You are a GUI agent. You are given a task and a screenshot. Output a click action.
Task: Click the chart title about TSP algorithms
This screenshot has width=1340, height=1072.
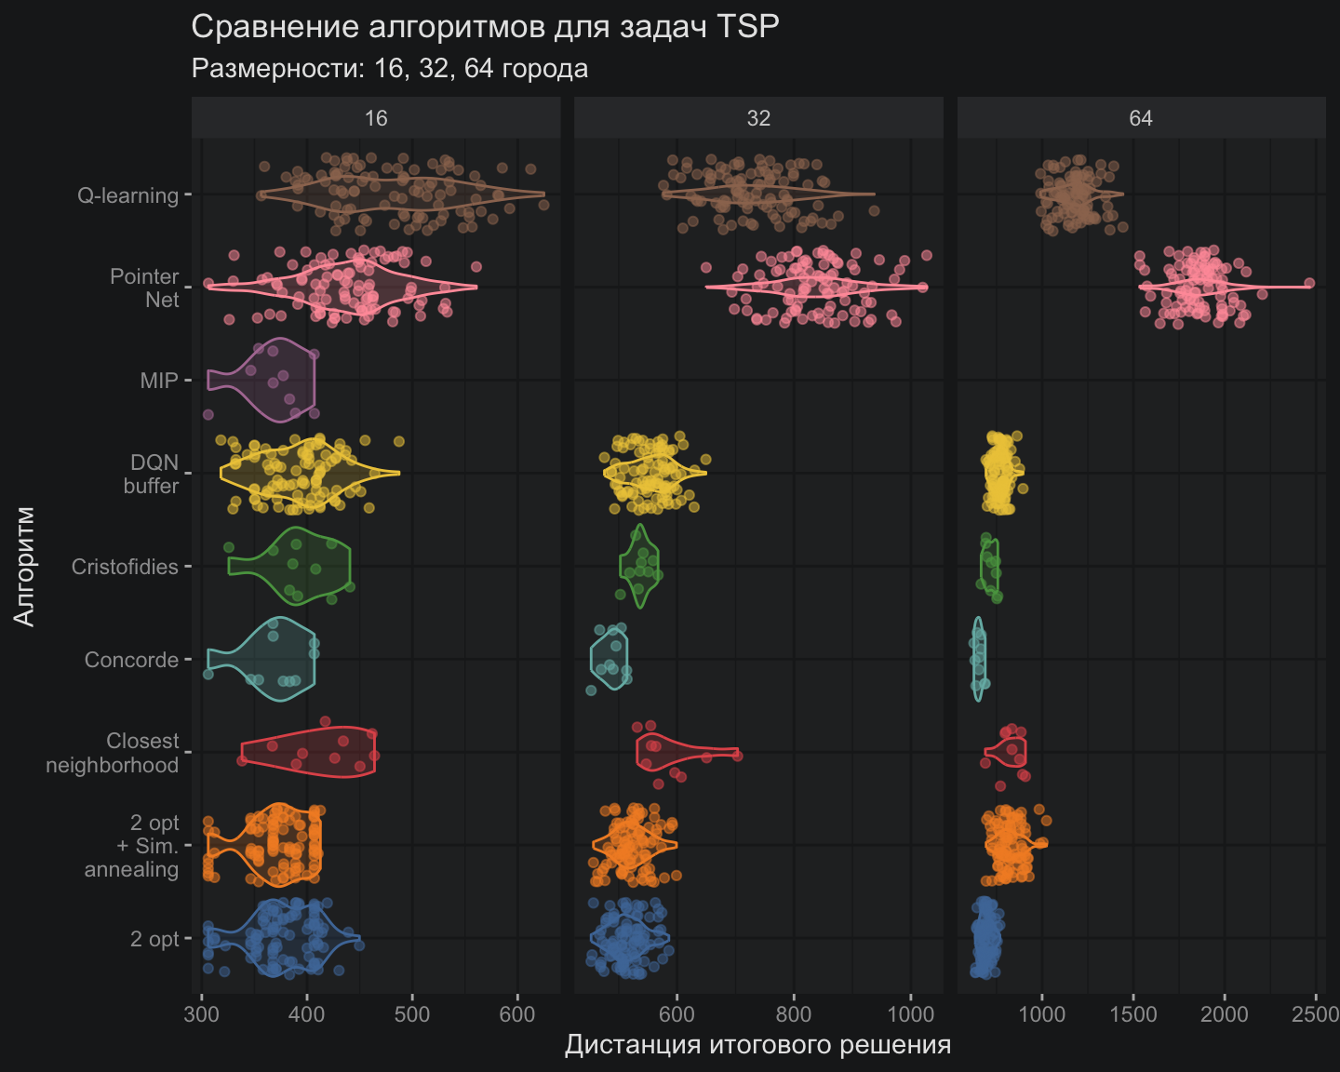485,27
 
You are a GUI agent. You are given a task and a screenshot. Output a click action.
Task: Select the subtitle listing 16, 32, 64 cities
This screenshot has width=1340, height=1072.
389,69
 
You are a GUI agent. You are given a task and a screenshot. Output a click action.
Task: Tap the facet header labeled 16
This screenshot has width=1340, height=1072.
376,118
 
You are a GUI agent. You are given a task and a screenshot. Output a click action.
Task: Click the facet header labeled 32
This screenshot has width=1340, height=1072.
758,118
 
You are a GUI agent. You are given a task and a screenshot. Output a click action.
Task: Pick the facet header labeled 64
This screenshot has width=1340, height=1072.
1141,118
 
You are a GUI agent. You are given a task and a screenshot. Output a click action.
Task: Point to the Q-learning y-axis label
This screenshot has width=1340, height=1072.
127,195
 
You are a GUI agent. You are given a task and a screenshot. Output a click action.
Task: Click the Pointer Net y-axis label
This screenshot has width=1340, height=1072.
144,288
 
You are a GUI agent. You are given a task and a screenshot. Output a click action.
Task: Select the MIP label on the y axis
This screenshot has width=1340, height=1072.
158,381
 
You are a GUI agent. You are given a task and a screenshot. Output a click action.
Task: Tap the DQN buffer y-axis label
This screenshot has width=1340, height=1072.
152,474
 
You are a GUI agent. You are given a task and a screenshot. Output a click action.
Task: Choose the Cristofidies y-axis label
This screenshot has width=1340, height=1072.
125,567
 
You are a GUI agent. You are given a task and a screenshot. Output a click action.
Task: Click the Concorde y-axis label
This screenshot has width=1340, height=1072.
131,660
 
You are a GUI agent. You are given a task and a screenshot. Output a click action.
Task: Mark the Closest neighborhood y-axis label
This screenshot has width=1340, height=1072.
113,753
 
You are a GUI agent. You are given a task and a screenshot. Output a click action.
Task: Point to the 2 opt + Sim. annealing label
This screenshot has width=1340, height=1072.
132,846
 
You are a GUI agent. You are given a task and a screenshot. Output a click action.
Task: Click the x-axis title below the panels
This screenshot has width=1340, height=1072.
757,1045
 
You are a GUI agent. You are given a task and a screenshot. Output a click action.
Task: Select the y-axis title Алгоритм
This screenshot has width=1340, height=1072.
25,566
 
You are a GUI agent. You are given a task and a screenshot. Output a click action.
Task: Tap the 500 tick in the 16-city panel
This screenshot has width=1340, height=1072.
412,1013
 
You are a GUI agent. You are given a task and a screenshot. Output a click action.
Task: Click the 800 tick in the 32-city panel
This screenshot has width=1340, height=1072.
794,1013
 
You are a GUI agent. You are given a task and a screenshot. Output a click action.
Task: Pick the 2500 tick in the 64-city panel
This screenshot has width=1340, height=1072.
1316,1013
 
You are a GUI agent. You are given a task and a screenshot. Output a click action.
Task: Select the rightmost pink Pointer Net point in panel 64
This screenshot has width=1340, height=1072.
1309,283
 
